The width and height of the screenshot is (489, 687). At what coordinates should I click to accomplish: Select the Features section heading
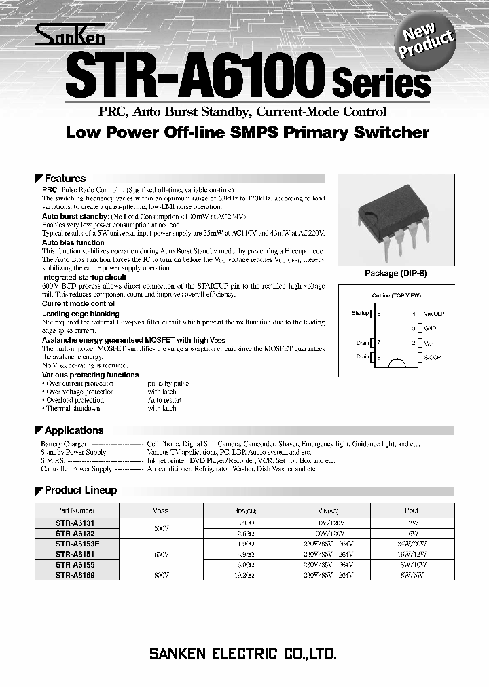[65, 179]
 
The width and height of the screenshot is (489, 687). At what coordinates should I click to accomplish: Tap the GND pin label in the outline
[429, 328]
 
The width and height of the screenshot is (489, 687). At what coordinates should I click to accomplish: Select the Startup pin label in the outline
[361, 313]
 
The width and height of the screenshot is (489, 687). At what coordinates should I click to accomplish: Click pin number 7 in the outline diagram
[378, 343]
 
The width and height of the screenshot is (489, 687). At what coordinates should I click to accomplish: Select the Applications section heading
[74, 430]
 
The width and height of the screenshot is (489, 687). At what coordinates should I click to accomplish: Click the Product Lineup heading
[80, 490]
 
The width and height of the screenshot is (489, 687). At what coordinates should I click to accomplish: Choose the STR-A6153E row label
[77, 544]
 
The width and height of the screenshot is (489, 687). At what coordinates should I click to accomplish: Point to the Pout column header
[411, 510]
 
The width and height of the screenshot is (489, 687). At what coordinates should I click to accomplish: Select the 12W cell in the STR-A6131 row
[411, 523]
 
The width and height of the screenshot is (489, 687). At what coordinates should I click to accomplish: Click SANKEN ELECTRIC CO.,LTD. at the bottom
[242, 654]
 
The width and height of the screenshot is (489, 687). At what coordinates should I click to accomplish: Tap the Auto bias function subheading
[73, 242]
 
